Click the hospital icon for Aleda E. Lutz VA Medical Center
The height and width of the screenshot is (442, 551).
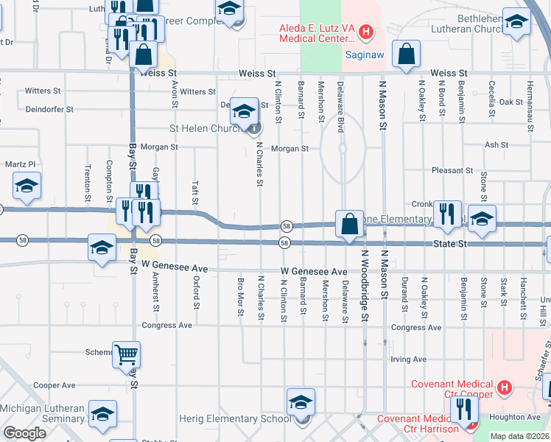click(367, 32)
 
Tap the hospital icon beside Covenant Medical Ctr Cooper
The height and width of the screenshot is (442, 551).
click(505, 387)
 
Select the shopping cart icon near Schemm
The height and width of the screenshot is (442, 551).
click(126, 354)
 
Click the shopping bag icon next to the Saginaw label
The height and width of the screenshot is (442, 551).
click(406, 53)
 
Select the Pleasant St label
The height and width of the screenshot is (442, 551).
click(452, 170)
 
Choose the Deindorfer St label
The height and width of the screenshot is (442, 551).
click(49, 109)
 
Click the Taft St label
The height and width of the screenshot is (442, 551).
click(195, 194)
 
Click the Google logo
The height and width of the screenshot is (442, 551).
click(24, 433)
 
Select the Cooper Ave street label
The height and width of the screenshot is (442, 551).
click(55, 385)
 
